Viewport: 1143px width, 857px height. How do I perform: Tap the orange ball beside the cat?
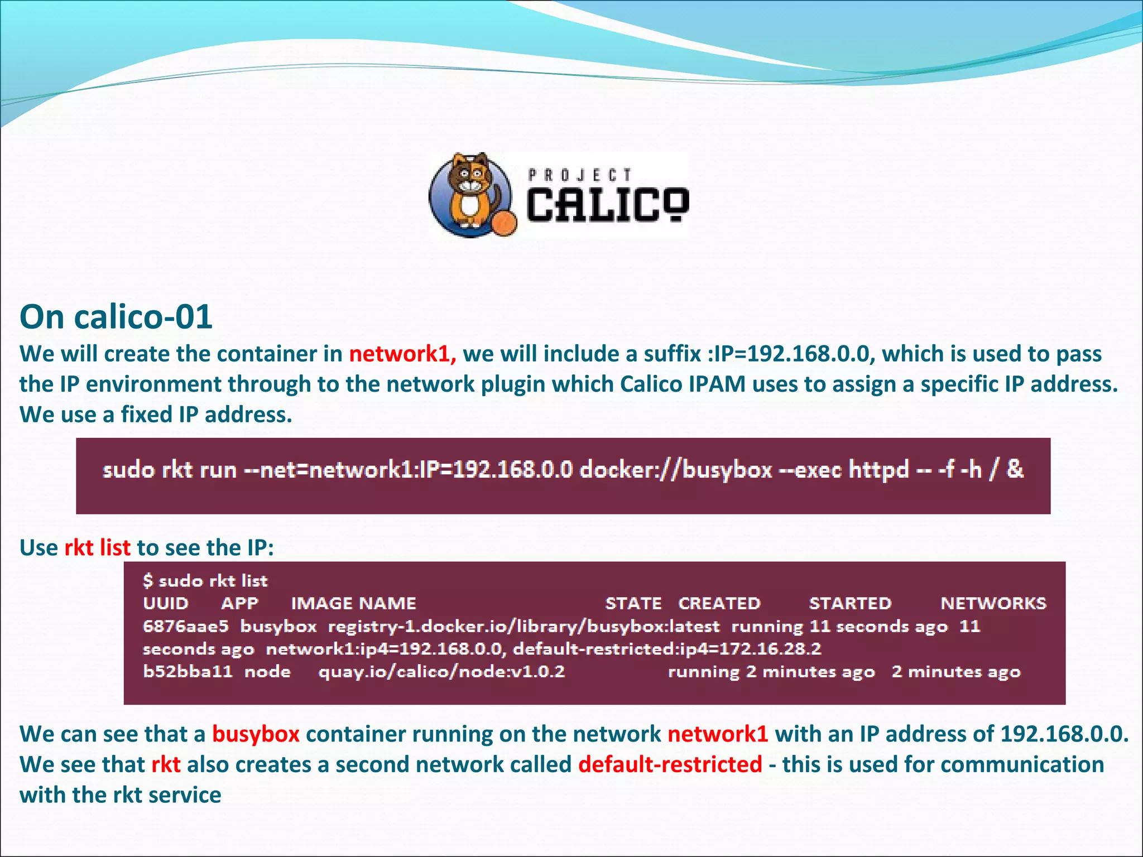(x=503, y=223)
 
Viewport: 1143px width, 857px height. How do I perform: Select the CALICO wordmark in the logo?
(x=607, y=205)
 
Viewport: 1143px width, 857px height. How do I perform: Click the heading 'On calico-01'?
(x=116, y=317)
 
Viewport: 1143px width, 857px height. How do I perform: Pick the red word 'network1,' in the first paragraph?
(x=402, y=354)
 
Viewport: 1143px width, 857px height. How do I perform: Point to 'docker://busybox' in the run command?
(x=676, y=470)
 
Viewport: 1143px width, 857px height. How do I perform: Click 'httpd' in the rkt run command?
(x=878, y=470)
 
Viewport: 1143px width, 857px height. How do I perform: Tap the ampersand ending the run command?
(x=1015, y=469)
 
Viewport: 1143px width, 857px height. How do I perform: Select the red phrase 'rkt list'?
(x=97, y=548)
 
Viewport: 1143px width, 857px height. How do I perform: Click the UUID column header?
(x=166, y=603)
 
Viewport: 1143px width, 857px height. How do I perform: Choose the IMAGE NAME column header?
(x=353, y=603)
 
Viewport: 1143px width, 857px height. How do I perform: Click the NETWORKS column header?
(x=993, y=603)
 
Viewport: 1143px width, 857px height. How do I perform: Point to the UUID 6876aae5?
(x=185, y=626)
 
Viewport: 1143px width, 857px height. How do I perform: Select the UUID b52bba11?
(x=188, y=671)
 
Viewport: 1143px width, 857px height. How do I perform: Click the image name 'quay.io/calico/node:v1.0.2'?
(x=441, y=671)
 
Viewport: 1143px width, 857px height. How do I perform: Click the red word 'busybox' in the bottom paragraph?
(x=256, y=734)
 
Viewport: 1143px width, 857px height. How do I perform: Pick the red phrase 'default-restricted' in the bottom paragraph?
(x=670, y=764)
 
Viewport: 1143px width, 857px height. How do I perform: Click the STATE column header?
(x=633, y=603)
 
